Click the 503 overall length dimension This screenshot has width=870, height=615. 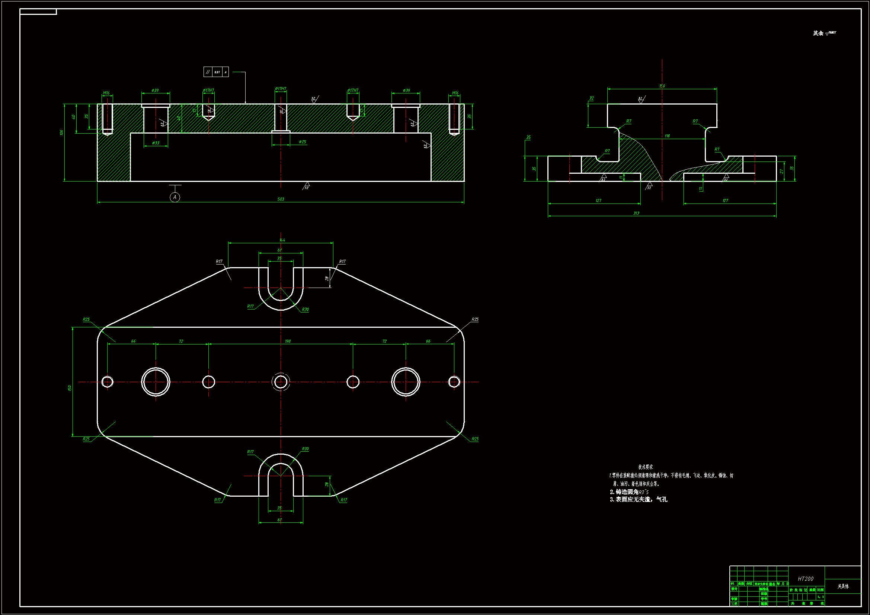[281, 199]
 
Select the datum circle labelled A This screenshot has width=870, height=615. [175, 197]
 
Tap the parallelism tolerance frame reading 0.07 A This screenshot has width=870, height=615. [216, 71]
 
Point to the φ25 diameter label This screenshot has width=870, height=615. [303, 142]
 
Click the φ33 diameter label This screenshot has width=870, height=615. [156, 143]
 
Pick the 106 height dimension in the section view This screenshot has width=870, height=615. [61, 132]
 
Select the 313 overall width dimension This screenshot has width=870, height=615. [636, 213]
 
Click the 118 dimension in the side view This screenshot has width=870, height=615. [667, 136]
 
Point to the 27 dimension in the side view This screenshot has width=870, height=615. [782, 171]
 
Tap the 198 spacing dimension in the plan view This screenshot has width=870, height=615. [288, 342]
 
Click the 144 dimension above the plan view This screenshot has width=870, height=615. [282, 240]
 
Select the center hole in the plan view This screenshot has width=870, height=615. [281, 382]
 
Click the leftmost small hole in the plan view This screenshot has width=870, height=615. [107, 382]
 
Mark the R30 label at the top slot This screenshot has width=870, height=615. [305, 310]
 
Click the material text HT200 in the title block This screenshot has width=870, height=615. [806, 579]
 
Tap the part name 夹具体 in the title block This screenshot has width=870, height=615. [843, 586]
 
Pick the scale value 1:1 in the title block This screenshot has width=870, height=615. [821, 597]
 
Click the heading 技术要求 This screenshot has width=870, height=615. [645, 467]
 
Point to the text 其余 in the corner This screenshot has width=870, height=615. [818, 33]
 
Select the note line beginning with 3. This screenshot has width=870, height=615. [639, 500]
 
